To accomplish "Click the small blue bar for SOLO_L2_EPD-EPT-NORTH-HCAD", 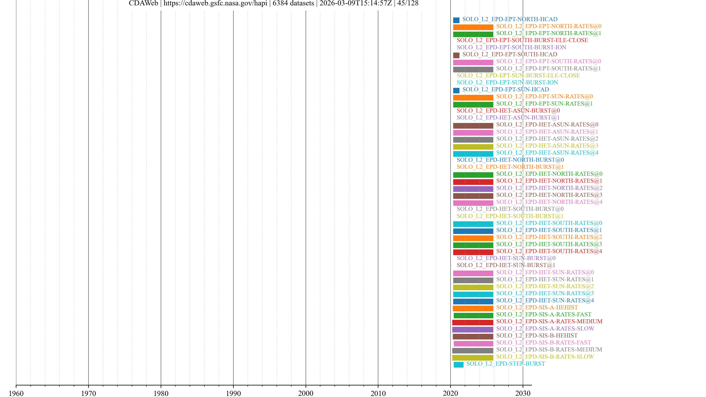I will (456, 20).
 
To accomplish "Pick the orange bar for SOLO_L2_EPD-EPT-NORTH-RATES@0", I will (473, 27).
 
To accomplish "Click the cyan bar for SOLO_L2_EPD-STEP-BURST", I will (458, 364).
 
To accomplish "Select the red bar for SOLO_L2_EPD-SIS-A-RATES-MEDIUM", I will (473, 322).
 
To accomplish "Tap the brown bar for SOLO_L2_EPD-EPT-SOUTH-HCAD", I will (456, 55).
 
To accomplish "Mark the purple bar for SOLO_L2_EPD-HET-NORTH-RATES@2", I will (473, 189).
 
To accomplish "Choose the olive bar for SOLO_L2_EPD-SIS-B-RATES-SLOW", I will (473, 357).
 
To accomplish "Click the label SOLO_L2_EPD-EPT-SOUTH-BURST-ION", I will (511, 47).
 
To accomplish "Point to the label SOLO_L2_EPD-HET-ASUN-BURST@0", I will (508, 110).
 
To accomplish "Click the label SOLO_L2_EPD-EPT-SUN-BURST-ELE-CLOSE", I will (518, 75).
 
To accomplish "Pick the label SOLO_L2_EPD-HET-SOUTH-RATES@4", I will (549, 251).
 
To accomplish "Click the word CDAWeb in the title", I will (143, 3).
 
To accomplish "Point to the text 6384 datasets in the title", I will (293, 3).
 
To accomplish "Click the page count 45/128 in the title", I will (408, 3).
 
